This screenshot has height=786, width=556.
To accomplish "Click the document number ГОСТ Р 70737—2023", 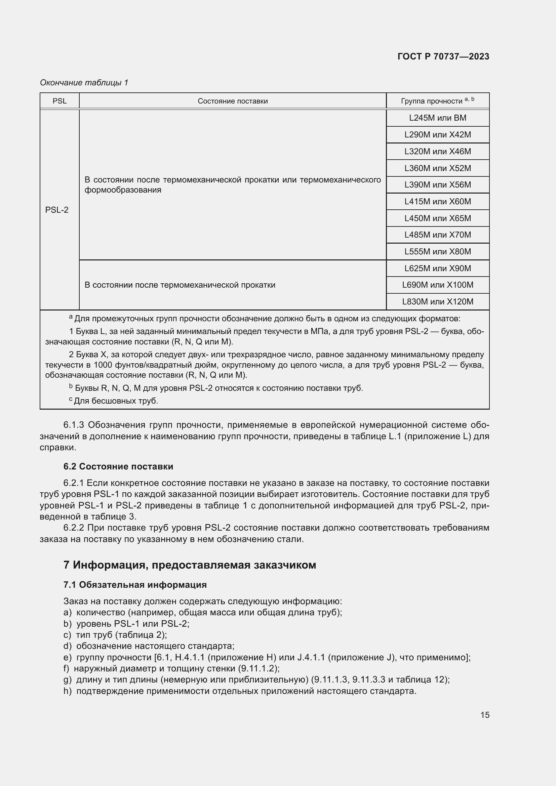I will tap(443, 56).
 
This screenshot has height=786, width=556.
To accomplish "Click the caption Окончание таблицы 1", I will tap(84, 83).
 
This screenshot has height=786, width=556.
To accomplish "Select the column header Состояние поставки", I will tap(233, 101).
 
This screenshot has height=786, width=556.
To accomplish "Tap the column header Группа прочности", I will tap(437, 101).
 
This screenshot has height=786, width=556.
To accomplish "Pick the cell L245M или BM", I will tap(438, 118).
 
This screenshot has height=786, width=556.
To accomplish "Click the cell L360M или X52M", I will tap(438, 168).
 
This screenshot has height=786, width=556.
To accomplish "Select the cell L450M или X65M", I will tap(438, 218).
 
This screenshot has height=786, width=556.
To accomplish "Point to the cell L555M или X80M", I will tap(438, 252).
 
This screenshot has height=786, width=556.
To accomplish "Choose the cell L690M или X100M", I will tap(438, 285).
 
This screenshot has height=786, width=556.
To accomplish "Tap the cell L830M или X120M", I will tap(438, 301).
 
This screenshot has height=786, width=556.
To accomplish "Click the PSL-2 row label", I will tap(57, 210).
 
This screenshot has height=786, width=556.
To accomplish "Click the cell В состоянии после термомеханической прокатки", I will tap(180, 285).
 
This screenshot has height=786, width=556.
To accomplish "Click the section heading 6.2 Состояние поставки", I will tap(118, 466).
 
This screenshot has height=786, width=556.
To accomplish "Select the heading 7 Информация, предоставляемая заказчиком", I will tap(189, 565).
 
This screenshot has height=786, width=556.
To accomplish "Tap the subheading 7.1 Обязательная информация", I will tap(135, 585).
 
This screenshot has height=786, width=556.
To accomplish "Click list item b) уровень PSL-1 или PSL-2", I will tap(126, 623).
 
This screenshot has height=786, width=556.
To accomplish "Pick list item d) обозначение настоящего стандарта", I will tap(149, 646).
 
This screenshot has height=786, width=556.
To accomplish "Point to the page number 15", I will tap(485, 715).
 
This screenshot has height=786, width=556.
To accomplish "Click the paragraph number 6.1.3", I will tap(73, 425).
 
